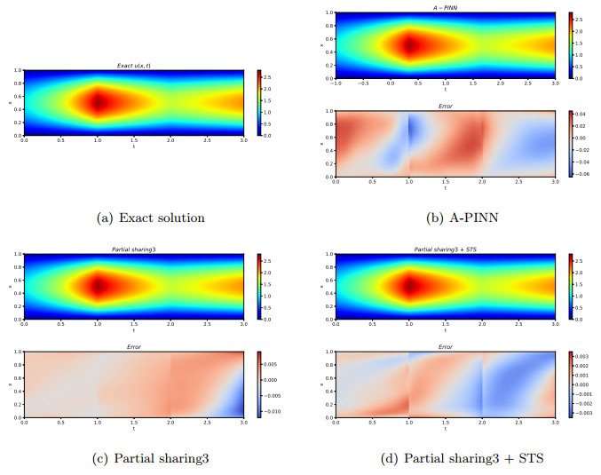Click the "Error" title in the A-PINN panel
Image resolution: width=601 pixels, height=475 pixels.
445,106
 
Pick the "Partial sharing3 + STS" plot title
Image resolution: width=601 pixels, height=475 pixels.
445,249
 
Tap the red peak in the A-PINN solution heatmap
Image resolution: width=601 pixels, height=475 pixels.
410,44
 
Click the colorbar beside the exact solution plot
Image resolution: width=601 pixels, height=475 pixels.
258,103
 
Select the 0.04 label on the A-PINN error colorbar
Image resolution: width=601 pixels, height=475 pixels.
584,115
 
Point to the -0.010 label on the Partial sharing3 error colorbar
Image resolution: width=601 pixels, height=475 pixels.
274,411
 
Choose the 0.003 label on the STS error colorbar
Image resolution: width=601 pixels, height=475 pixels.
585,355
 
